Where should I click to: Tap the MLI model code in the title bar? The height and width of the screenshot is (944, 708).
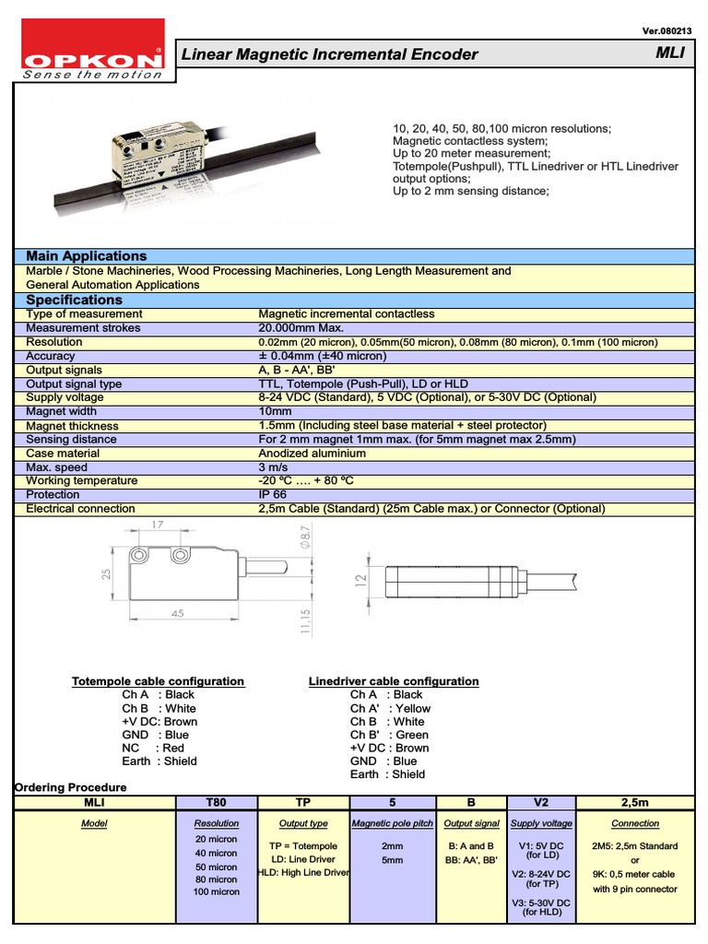670,53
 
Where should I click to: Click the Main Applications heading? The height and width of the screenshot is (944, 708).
86,256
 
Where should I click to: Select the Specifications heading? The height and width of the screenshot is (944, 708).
74,301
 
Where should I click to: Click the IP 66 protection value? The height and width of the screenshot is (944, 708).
274,495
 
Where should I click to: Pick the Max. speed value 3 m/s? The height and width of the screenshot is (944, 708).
274,467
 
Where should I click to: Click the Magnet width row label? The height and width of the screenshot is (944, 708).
61,412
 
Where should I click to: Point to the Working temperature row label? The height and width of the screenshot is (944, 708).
81,481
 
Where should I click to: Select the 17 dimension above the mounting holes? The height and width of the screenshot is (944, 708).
158,525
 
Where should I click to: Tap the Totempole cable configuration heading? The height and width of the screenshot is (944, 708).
158,681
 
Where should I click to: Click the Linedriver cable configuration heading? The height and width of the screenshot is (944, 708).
393,681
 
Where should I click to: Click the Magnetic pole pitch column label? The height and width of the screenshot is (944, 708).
392,823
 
